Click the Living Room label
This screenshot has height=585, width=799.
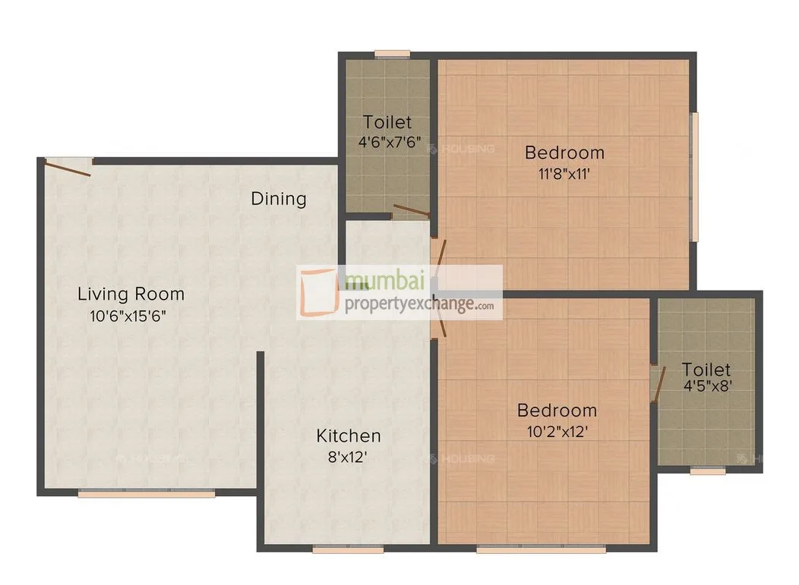point(131,294)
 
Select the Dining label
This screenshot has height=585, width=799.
point(279,199)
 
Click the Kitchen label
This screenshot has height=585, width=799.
point(349,436)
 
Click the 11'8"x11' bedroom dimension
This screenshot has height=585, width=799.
point(564,173)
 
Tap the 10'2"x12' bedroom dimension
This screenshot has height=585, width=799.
point(556,432)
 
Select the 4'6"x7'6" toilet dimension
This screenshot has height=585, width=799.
point(389,142)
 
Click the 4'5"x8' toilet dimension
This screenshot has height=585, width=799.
point(707,385)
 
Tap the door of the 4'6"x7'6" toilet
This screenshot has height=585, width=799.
point(411,210)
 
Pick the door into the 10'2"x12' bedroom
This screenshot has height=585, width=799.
point(437,322)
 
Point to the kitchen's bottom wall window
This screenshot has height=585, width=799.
point(336,549)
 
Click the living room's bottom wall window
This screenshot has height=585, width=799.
point(146,494)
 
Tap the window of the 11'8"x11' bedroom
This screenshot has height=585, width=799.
point(693,177)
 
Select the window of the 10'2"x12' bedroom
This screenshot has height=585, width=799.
point(541,549)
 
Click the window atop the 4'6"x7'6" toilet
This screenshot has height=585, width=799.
point(393,54)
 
